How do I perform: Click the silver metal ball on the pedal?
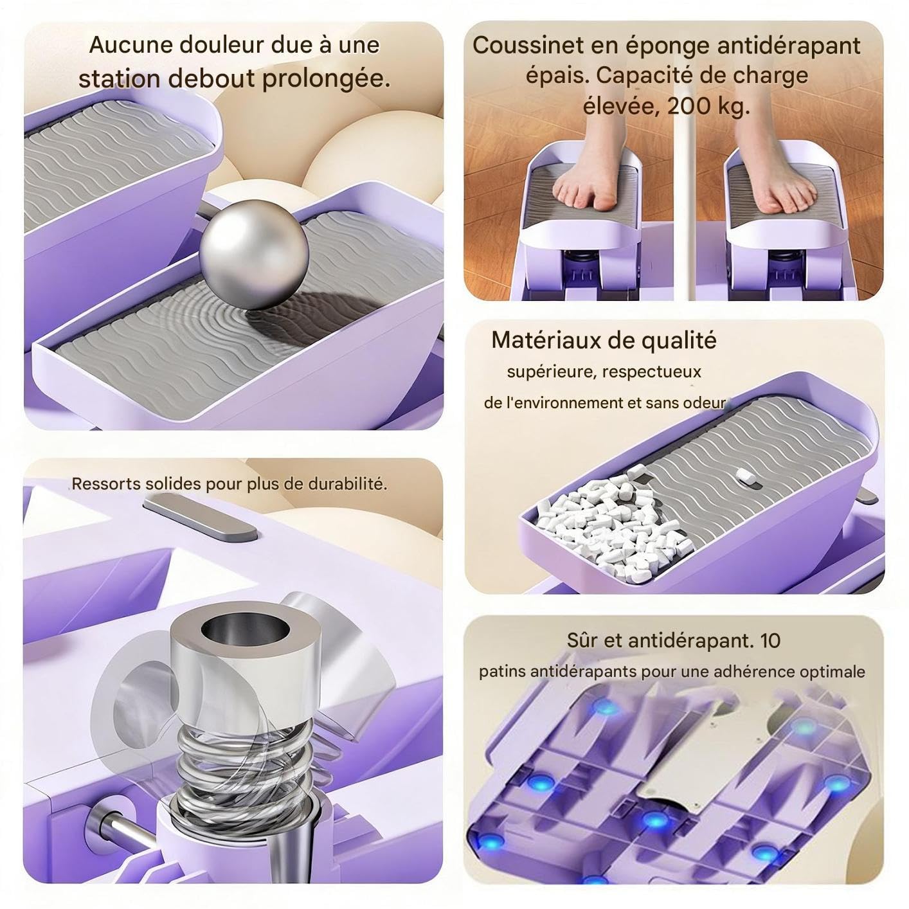click(254, 255)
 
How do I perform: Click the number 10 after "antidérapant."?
click(770, 640)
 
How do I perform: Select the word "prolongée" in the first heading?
click(326, 78)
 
